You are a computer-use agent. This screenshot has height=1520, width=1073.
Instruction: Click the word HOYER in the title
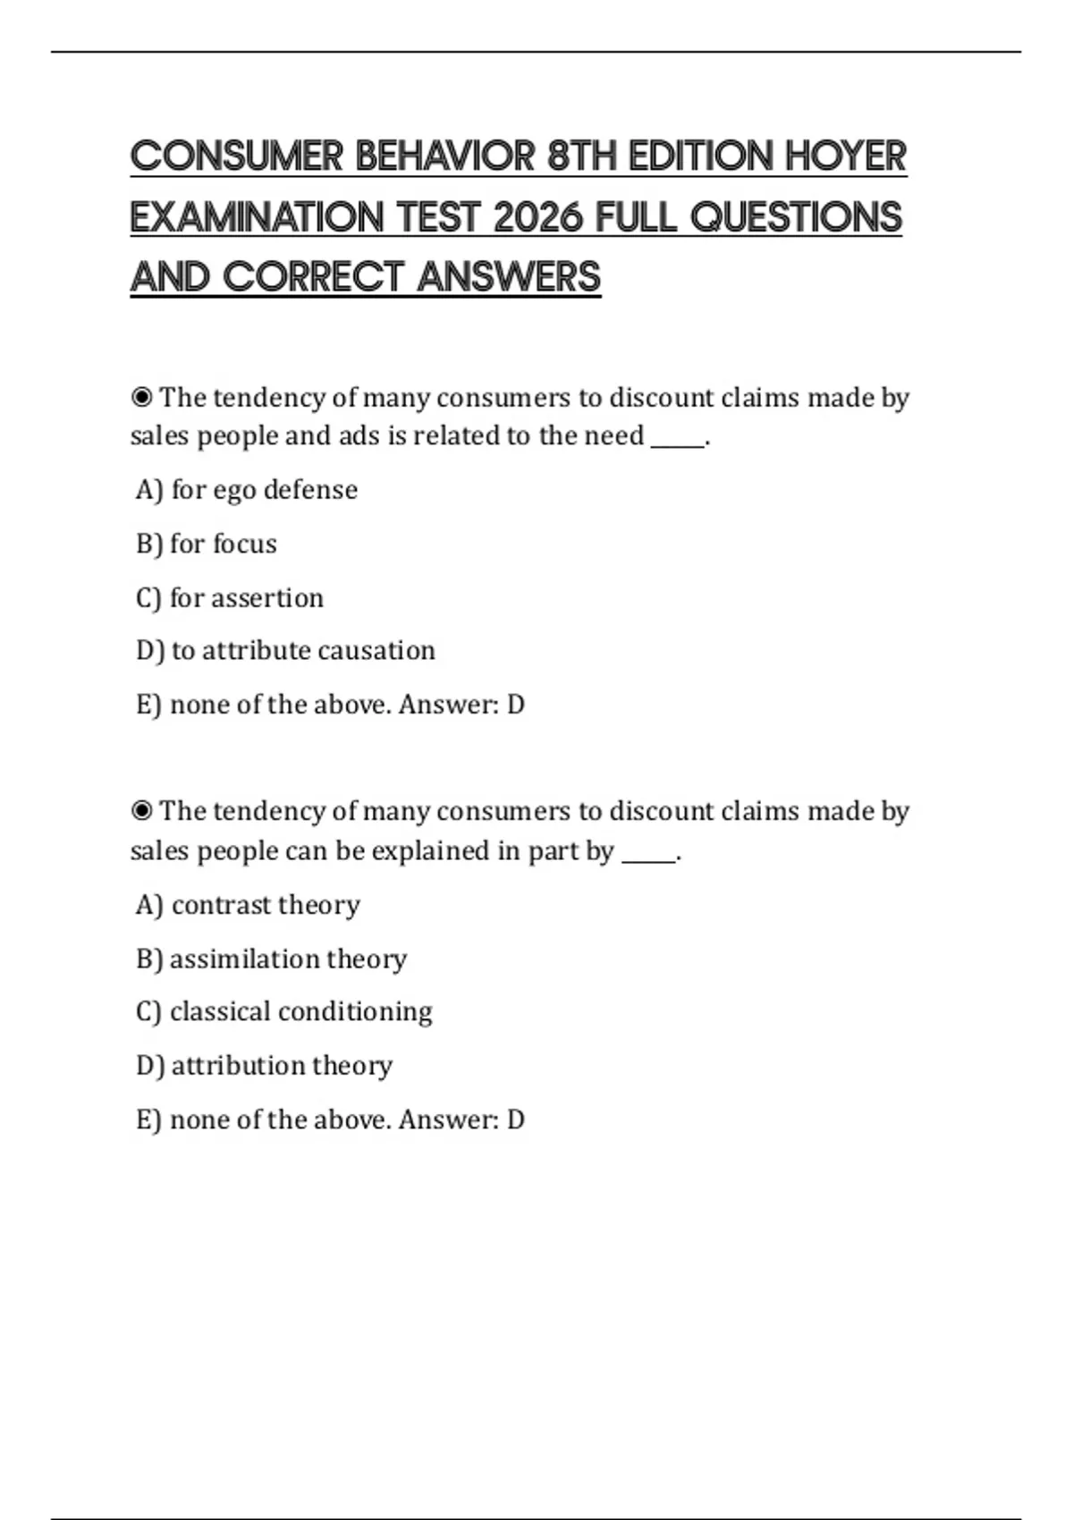click(846, 156)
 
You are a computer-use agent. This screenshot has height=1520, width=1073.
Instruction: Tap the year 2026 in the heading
click(539, 217)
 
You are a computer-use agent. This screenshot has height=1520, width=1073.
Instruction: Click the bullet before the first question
click(141, 397)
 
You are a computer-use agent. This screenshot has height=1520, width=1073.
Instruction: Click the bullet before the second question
click(141, 811)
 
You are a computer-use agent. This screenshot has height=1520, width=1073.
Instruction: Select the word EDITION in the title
click(701, 156)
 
